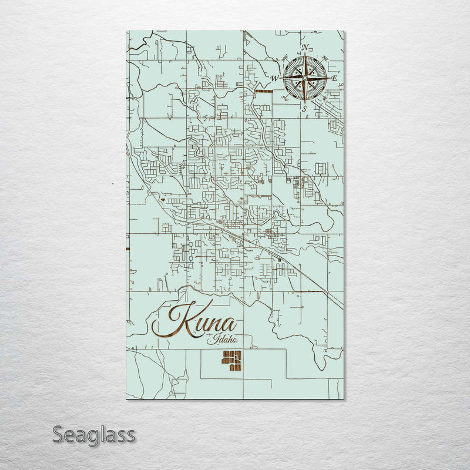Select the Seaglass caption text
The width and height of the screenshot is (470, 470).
coord(94,435)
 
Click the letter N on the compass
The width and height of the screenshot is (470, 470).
coord(305,48)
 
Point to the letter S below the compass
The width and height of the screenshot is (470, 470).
coord(304,108)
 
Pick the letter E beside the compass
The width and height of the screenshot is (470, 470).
coord(334,78)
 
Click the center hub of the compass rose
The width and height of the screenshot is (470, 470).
coord(305,78)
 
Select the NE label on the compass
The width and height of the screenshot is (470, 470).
coord(324,58)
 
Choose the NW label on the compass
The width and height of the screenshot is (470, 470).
coord(285,58)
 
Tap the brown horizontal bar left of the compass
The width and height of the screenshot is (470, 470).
coord(265,91)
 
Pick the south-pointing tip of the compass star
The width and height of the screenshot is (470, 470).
coord(305,100)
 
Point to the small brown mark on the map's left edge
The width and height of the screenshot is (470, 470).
coord(127,249)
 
